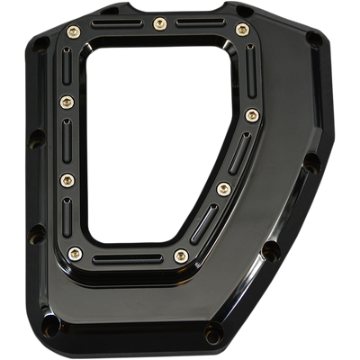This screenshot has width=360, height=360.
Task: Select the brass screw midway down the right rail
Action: pos(252,114)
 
